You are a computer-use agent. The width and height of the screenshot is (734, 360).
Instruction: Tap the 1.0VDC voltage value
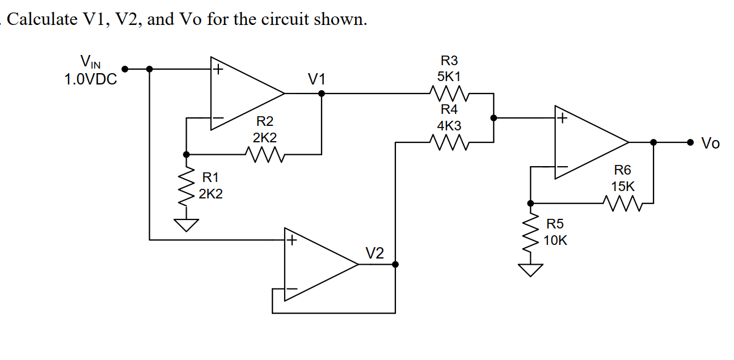point(91,79)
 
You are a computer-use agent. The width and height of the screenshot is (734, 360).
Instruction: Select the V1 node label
point(317,79)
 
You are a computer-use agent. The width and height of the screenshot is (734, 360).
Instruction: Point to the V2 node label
point(374,252)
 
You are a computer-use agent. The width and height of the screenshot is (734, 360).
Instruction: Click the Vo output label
point(710,143)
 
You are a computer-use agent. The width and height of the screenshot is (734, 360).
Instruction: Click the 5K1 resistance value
point(449,75)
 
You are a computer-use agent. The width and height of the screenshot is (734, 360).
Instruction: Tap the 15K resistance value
point(623,186)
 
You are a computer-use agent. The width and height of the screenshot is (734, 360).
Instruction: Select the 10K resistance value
point(555,240)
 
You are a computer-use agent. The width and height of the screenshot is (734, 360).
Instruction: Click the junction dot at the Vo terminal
point(690,142)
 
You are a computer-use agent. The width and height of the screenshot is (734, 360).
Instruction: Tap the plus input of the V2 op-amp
point(292,240)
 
